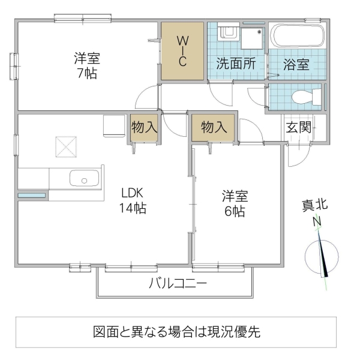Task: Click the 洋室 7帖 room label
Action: [x=87, y=66]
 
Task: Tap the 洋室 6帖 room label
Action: [x=234, y=203]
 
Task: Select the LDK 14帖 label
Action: [x=134, y=201]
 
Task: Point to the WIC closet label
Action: [x=183, y=51]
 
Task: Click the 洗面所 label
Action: [x=236, y=64]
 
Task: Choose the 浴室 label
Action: [x=297, y=64]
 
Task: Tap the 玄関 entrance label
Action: [x=298, y=127]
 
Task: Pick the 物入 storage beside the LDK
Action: [x=144, y=127]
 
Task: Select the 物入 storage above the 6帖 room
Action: [x=214, y=127]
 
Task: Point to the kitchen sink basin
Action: [x=85, y=178]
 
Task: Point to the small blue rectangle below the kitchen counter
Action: [x=32, y=196]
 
